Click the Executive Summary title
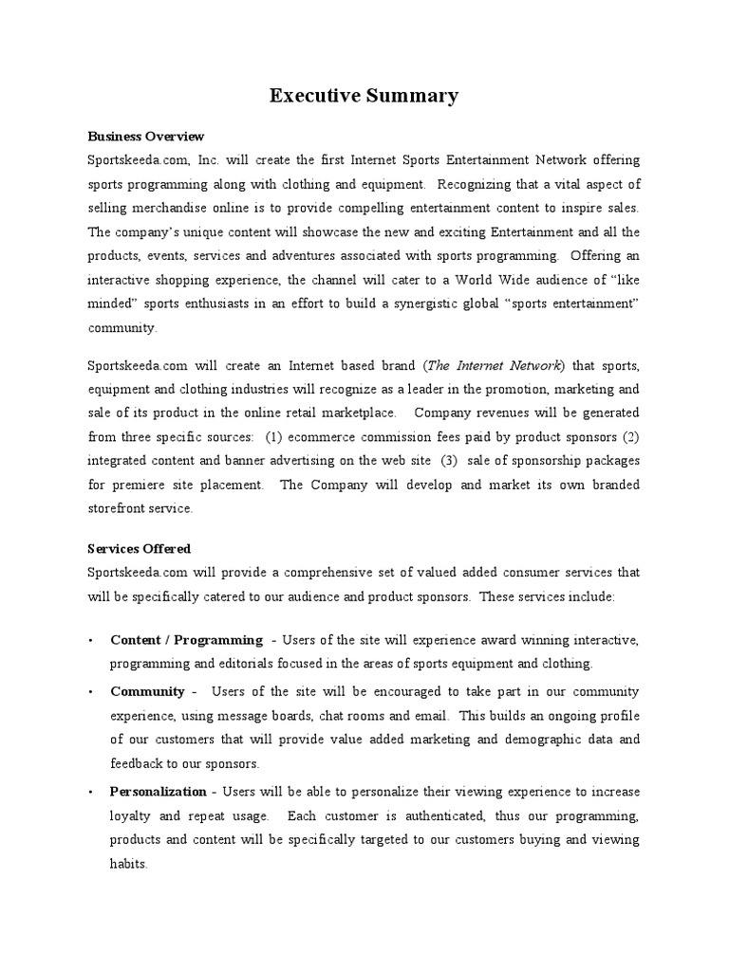coord(364,95)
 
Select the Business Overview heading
coord(145,137)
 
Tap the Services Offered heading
coord(139,548)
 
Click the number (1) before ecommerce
coord(273,437)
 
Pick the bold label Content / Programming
coord(186,640)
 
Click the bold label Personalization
coord(158,791)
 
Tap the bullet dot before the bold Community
coord(89,692)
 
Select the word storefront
coord(120,508)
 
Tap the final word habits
coord(128,865)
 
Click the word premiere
coord(140,485)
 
